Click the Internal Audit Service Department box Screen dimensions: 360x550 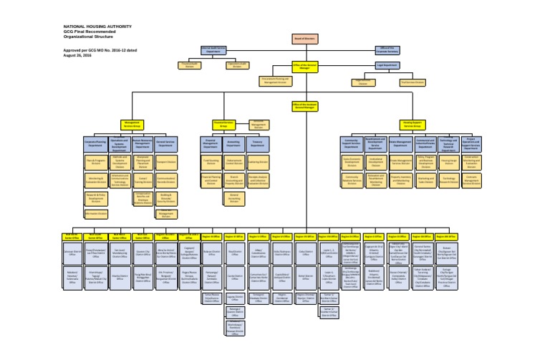(214, 50)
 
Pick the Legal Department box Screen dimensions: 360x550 (388, 65)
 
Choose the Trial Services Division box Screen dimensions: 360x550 (413, 82)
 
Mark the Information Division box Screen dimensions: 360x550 (96, 213)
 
